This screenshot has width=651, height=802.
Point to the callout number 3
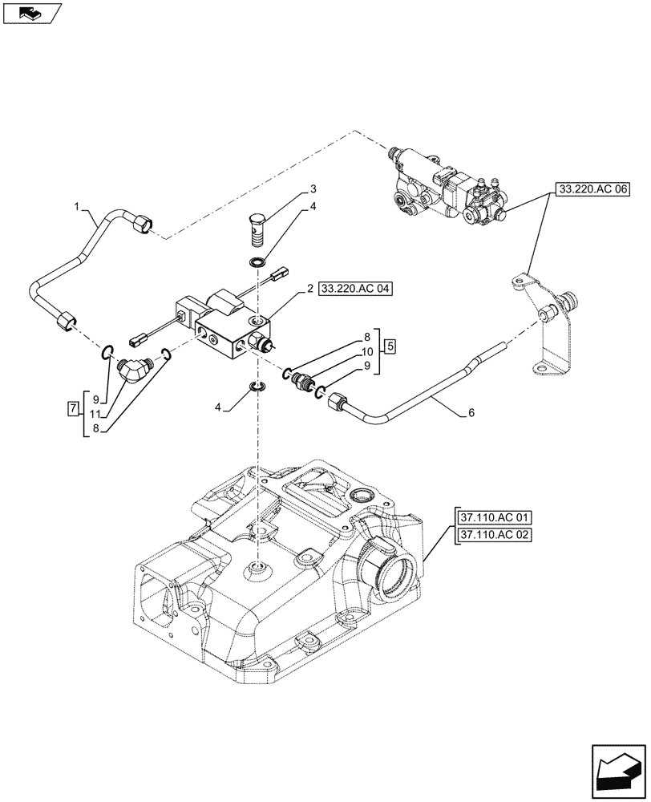[313, 190]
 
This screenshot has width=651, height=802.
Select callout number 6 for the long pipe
[470, 413]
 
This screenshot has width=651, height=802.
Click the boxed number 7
[73, 410]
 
